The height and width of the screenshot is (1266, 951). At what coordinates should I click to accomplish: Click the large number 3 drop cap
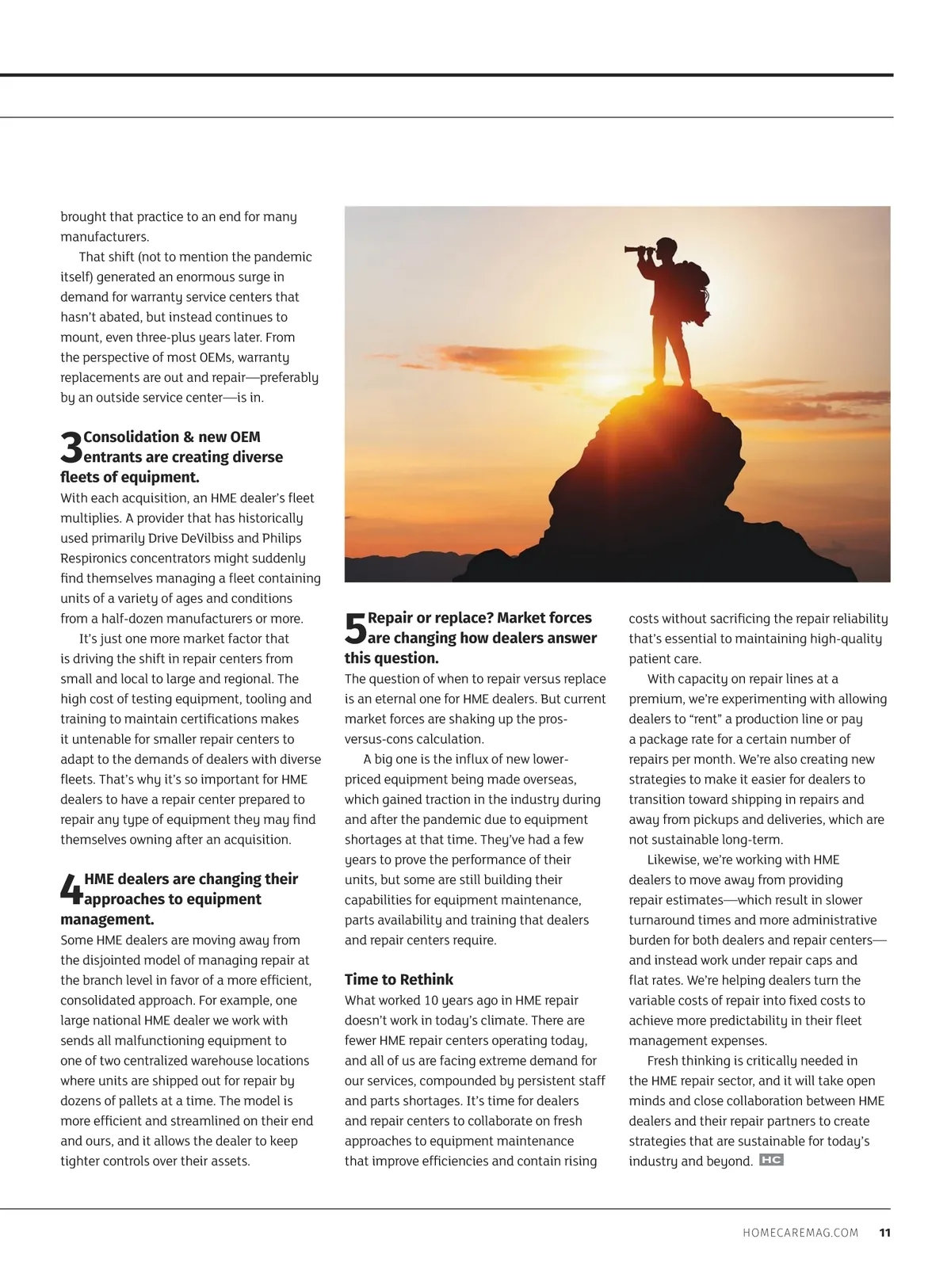click(71, 448)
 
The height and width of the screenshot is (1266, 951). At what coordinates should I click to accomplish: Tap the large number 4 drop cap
click(71, 890)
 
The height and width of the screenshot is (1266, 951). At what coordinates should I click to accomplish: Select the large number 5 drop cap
click(356, 629)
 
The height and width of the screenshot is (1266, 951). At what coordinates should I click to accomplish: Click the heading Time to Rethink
click(399, 979)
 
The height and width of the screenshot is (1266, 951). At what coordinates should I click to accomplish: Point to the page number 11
click(884, 1233)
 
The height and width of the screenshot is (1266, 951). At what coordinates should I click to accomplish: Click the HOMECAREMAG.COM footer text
click(800, 1233)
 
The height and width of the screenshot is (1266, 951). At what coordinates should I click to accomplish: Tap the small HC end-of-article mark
click(770, 1161)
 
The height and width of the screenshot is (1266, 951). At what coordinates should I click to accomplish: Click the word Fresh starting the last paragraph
click(664, 1061)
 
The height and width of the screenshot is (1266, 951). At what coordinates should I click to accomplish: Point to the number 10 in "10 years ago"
click(431, 1001)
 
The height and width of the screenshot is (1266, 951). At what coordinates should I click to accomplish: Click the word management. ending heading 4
click(107, 920)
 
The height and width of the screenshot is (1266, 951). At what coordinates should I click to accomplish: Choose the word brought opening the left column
click(83, 217)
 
